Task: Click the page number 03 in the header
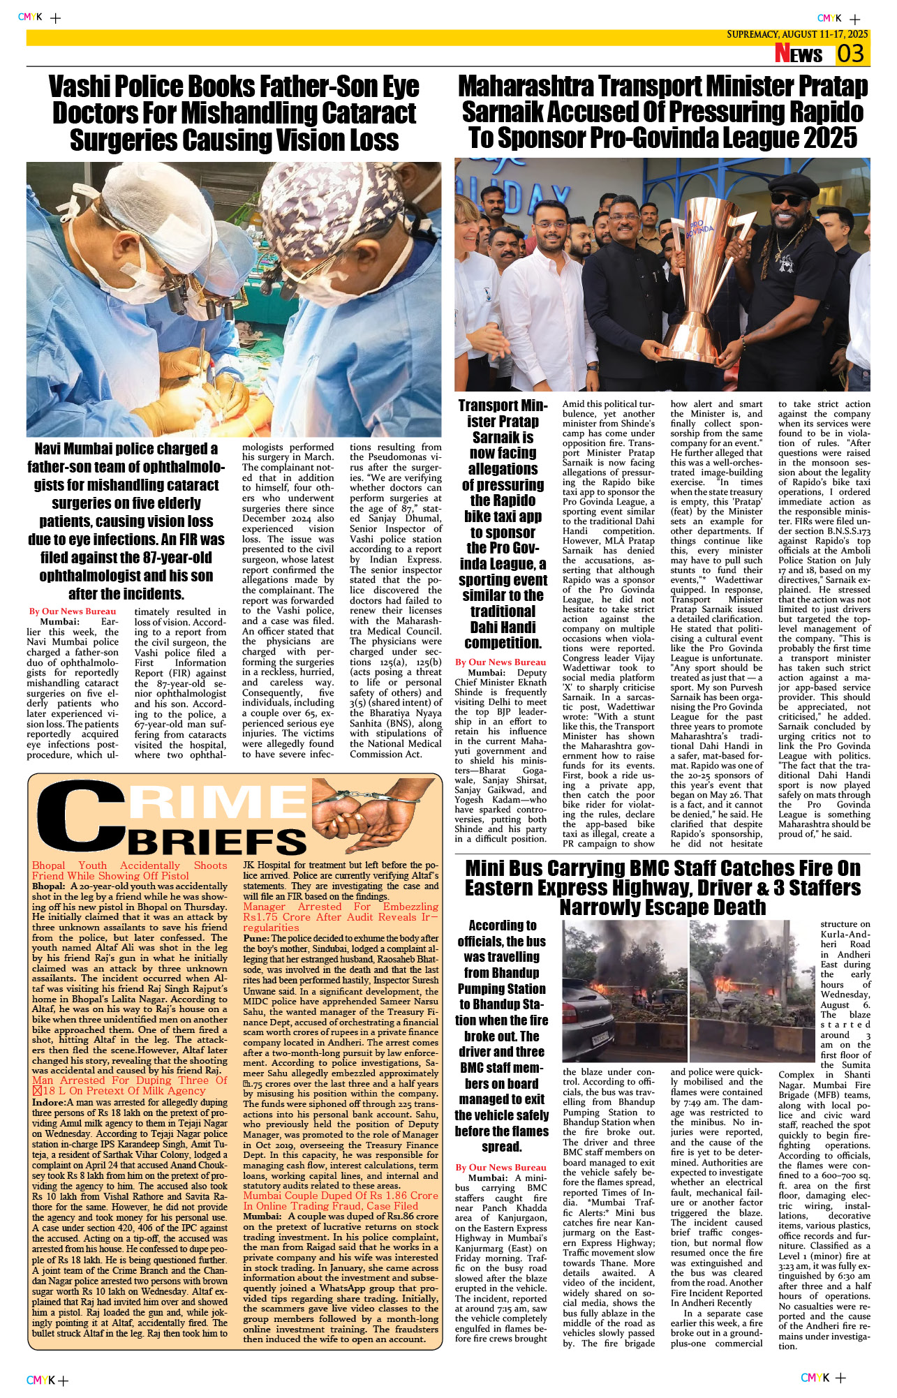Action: (851, 54)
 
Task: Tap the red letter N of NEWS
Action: (783, 54)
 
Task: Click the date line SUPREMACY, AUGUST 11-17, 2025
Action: (797, 34)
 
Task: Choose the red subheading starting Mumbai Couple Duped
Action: (341, 1196)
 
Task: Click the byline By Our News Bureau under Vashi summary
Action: (73, 611)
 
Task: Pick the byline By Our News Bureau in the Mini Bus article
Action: (501, 1167)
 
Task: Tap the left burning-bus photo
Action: (624, 991)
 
